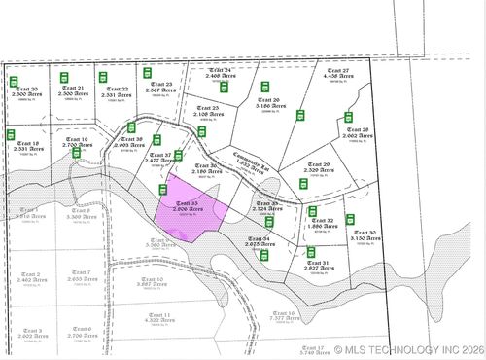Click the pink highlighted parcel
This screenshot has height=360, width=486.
click(x=190, y=211)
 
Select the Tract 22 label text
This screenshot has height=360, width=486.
click(x=113, y=91)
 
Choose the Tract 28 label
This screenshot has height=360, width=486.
click(x=358, y=133)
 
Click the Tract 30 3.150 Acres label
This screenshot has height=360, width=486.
click(x=364, y=235)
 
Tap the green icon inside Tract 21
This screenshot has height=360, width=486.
click(x=66, y=77)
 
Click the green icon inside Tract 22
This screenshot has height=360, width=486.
click(x=101, y=77)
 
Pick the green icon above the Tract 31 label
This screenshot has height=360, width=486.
click(x=312, y=252)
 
